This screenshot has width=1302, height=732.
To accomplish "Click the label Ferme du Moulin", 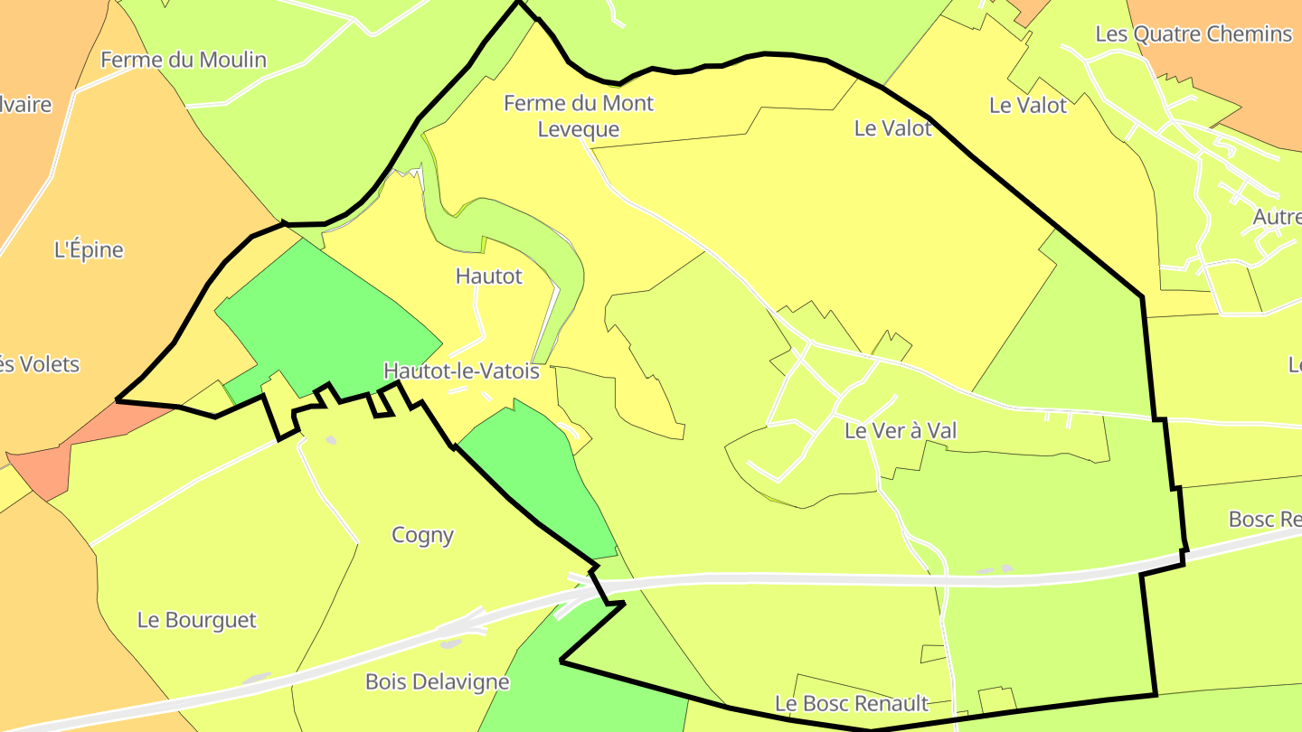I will [184, 60].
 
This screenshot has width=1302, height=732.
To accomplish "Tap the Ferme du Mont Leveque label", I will [579, 116].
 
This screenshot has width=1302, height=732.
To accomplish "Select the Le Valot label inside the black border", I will [892, 128].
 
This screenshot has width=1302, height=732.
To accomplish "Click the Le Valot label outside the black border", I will [1028, 105].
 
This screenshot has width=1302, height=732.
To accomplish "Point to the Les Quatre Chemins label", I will [1193, 34].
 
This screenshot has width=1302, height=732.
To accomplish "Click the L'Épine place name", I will [89, 249].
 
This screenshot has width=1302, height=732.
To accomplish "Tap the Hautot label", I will [489, 276].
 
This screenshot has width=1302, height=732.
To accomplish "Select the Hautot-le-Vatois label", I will [461, 371].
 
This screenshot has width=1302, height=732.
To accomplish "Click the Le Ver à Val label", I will [901, 431].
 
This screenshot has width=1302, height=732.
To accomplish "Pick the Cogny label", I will [422, 535].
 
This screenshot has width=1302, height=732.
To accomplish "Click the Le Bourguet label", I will [197, 620].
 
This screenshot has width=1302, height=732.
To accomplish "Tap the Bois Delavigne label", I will [438, 681].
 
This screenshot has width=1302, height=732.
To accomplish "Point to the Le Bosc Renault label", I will [852, 703].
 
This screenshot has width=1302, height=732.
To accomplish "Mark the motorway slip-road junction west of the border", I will [579, 592].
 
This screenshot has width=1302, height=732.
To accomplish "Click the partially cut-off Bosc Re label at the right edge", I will [1264, 520].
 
